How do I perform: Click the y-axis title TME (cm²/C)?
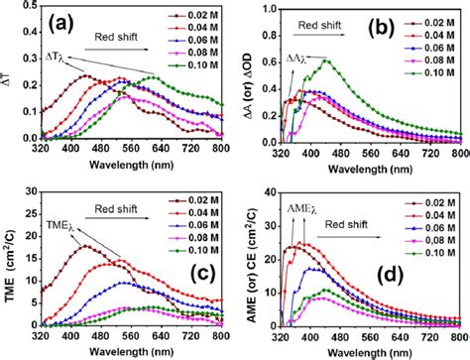tap(9, 266)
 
